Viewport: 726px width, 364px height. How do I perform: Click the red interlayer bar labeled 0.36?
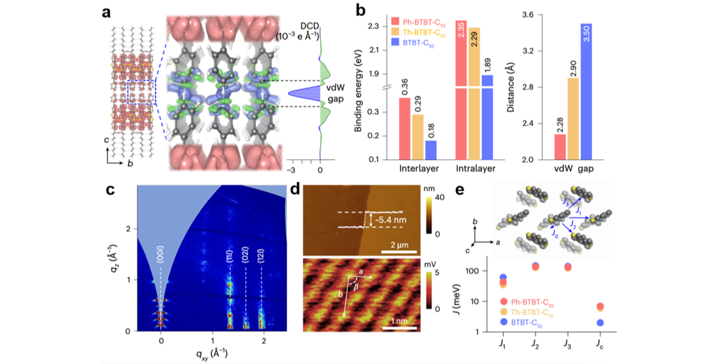coord(404,128)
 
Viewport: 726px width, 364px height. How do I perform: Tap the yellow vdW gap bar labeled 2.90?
coord(573,119)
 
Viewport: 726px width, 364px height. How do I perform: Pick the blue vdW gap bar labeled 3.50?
coord(586,91)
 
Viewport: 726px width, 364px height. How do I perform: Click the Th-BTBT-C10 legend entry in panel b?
coord(418,33)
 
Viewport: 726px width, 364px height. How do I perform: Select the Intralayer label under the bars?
coord(475,169)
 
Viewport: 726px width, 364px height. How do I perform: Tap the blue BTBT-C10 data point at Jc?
coord(599,323)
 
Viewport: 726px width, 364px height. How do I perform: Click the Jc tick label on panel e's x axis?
coord(599,345)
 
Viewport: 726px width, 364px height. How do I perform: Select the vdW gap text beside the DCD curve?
coord(336,93)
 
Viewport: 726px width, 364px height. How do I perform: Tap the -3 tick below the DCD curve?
coord(291,169)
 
